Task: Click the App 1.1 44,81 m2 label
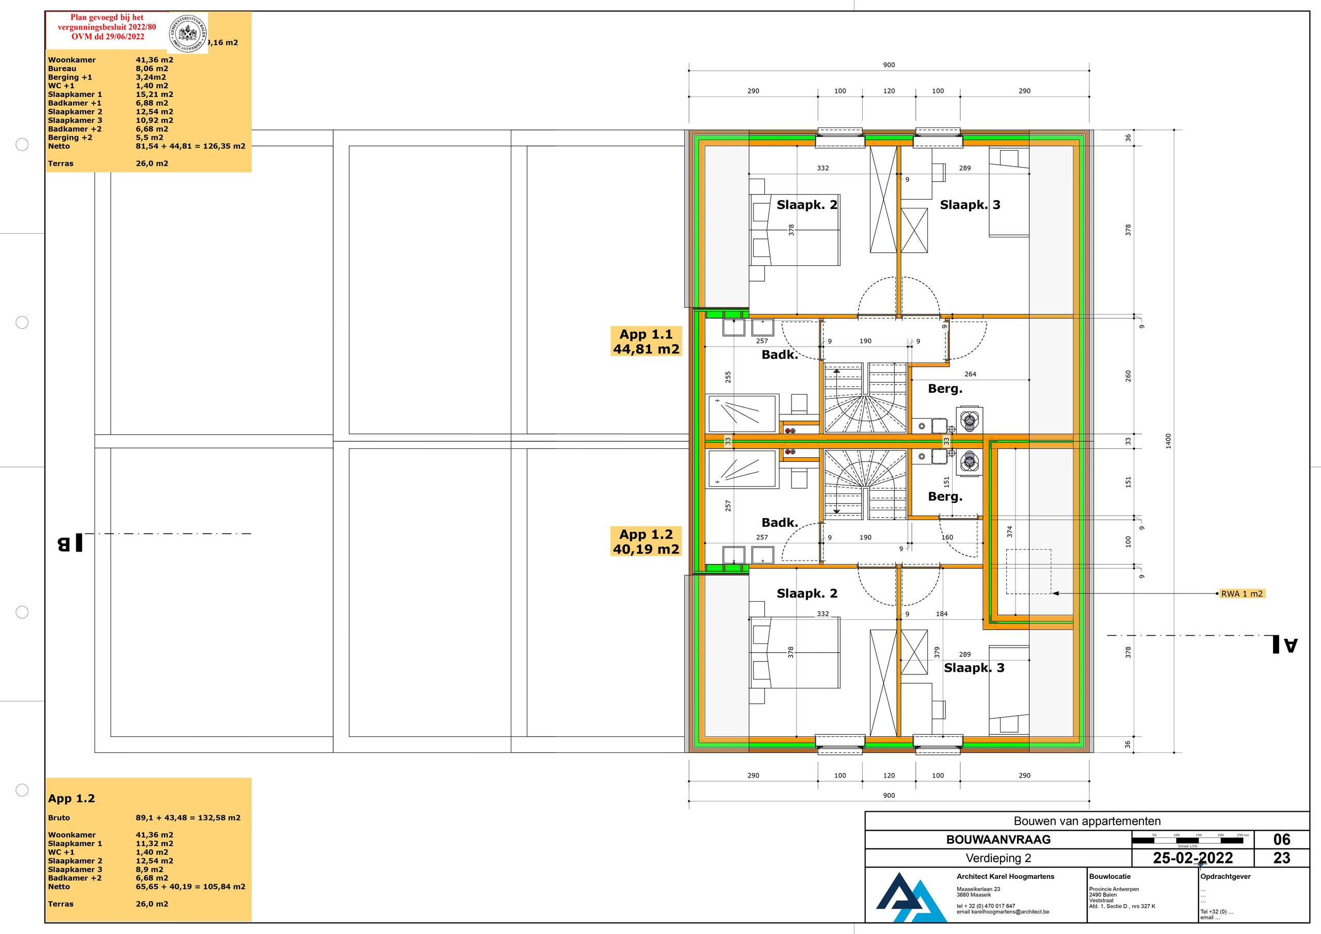[x=646, y=341]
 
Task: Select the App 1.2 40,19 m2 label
[x=646, y=541]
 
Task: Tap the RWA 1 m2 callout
[x=1242, y=593]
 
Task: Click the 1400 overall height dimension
[x=1168, y=441]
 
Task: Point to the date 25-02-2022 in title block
[x=1193, y=858]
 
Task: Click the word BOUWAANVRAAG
[x=998, y=840]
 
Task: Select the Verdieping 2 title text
[x=998, y=858]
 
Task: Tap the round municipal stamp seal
[x=187, y=33]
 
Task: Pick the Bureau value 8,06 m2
[x=152, y=69]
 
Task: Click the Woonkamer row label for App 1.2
[x=72, y=834]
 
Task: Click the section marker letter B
[x=70, y=543]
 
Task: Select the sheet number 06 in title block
[x=1281, y=839]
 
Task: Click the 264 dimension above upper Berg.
[x=970, y=374]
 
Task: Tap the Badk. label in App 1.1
[x=780, y=355]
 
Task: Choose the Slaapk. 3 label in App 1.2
[x=974, y=668]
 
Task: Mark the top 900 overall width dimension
[x=889, y=65]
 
